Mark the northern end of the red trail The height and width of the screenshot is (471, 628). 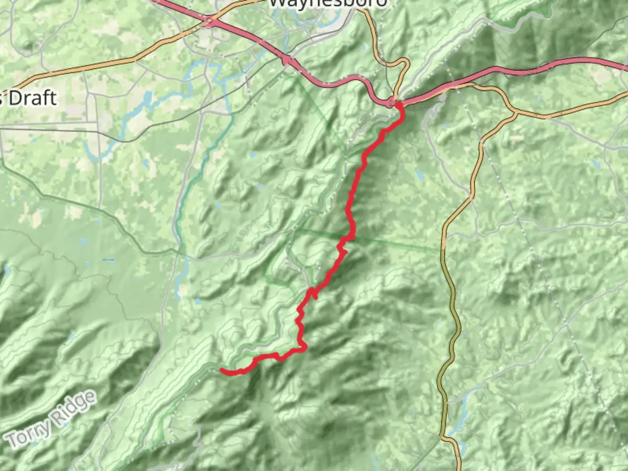pos(398,104)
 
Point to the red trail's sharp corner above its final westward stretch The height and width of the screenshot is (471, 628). pos(304,347)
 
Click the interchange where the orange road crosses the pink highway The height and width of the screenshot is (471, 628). pos(210,20)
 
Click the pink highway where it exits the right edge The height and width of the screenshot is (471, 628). pos(626,67)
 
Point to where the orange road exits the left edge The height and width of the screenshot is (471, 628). pos(1,89)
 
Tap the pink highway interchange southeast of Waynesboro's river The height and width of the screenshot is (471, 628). pos(287,60)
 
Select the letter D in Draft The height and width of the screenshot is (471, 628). pos(15,98)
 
